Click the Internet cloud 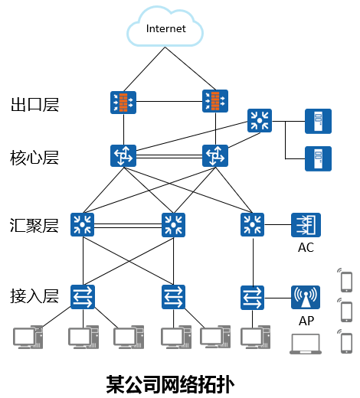[166, 30]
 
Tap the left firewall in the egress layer [122, 102]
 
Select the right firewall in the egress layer [214, 102]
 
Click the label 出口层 [34, 105]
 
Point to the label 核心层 [34, 158]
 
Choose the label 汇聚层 [34, 226]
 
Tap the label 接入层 [34, 295]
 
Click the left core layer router [122, 155]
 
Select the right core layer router [214, 155]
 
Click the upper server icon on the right [318, 121]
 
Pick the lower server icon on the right [318, 158]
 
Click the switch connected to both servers [259, 120]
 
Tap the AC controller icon [306, 224]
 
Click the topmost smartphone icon [345, 280]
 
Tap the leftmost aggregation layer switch [82, 224]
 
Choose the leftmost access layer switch [82, 295]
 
